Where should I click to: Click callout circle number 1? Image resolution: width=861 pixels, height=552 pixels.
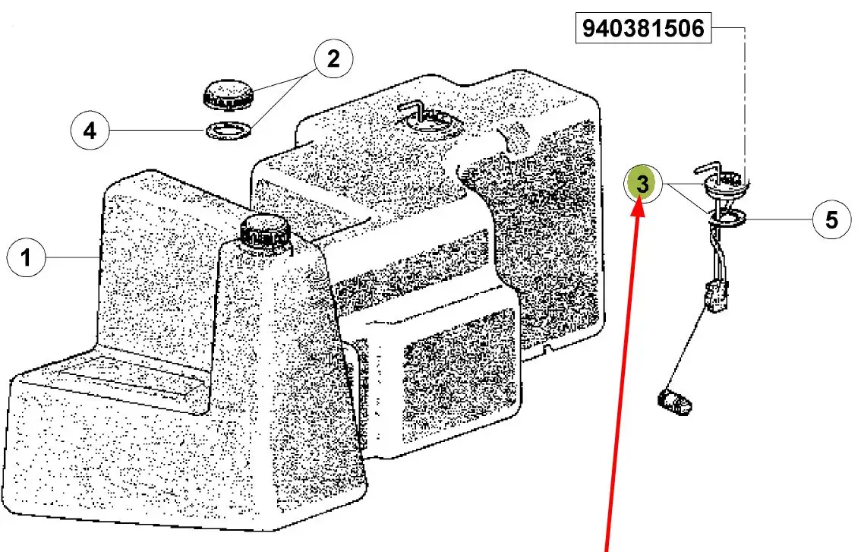coord(26,257)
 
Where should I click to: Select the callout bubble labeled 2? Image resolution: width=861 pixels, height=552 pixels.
coord(333,58)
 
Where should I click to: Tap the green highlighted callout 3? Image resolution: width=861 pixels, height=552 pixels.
coord(642,184)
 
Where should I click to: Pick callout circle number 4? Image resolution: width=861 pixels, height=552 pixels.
coord(90,131)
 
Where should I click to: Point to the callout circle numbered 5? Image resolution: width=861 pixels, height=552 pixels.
coord(831,219)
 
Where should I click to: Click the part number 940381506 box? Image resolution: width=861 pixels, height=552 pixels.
coord(643,28)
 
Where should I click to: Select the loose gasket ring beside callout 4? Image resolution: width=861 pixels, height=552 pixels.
coord(229,131)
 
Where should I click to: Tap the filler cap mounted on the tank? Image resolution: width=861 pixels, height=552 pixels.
coord(263,232)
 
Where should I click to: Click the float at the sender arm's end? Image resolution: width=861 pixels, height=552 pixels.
coord(674,401)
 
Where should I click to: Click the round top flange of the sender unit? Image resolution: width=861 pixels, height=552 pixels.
coord(725,187)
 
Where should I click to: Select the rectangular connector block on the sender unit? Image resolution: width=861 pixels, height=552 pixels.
coord(717,295)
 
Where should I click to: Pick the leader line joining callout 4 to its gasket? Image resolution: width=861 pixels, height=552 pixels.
coord(158,131)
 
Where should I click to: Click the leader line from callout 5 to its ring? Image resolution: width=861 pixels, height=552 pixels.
coord(779,219)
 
